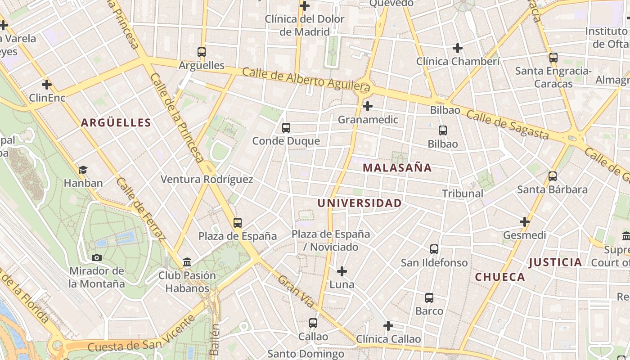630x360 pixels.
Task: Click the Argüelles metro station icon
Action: click(x=202, y=52)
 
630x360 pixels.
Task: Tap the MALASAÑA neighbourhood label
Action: click(x=397, y=168)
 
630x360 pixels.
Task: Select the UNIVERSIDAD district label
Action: click(x=359, y=203)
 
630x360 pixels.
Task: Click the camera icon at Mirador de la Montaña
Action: click(x=97, y=258)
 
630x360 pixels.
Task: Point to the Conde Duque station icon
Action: click(x=286, y=128)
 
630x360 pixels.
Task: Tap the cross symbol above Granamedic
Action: click(x=368, y=107)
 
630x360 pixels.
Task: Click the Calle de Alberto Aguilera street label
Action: click(x=306, y=79)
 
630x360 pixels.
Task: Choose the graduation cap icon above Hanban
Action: click(x=83, y=170)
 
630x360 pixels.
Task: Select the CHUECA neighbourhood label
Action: click(x=500, y=277)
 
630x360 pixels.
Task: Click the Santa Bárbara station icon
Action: click(x=553, y=176)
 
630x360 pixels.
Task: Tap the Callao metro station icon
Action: click(x=313, y=323)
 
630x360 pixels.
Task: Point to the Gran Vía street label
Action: click(x=296, y=291)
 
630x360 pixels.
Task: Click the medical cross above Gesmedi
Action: click(x=525, y=222)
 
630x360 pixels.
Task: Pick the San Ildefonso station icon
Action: click(x=434, y=249)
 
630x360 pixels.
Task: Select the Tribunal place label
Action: click(x=463, y=193)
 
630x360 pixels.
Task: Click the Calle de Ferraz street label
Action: click(x=141, y=209)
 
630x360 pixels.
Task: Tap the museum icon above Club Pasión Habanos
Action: click(x=187, y=262)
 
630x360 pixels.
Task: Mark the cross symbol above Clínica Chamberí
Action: click(x=458, y=48)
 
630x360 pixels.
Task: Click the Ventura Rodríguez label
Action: click(x=207, y=180)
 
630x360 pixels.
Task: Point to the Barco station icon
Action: click(x=429, y=298)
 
